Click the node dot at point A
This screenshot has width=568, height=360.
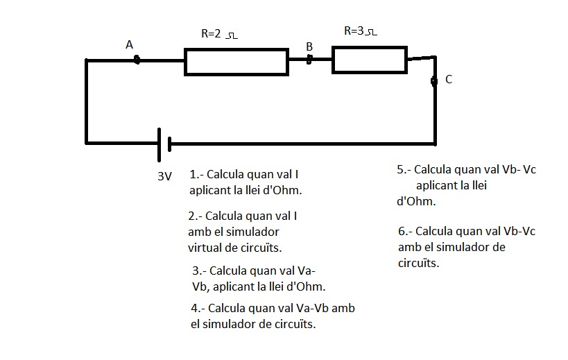137,60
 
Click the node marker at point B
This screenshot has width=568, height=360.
310,60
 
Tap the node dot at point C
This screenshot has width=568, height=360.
434,81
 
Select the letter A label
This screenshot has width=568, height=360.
129,44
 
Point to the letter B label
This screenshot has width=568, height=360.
309,46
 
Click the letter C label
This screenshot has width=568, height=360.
449,80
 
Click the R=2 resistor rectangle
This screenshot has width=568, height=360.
236,61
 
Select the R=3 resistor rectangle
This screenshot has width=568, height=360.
369,60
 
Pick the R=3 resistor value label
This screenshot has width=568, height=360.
361,31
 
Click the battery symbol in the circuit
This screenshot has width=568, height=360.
164,144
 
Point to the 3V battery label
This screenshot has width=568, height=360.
164,176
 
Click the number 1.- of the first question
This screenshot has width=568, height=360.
196,175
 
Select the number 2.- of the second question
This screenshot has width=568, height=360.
196,216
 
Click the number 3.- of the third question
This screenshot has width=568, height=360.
199,271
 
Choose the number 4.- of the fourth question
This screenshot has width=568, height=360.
198,308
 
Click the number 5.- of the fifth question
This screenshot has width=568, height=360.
404,169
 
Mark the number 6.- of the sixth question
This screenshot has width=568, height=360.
406,231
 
